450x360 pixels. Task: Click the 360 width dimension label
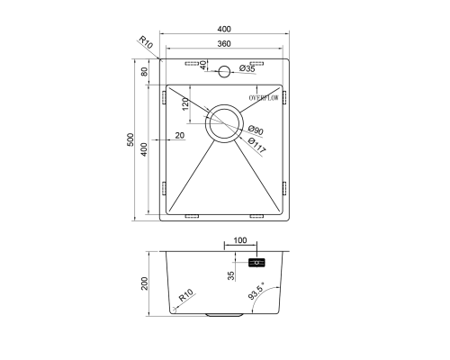tap(224, 44)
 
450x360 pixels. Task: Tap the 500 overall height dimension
tap(130, 139)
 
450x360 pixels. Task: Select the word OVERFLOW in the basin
tap(264, 98)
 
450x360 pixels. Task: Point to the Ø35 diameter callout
tap(247, 68)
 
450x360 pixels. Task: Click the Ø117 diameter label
tap(257, 146)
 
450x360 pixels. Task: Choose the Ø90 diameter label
tap(256, 130)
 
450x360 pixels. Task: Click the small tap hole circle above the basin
tap(224, 72)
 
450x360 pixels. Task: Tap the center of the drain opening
tap(224, 123)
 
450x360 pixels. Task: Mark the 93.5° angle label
tap(256, 291)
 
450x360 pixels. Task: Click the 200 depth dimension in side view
tap(145, 283)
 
